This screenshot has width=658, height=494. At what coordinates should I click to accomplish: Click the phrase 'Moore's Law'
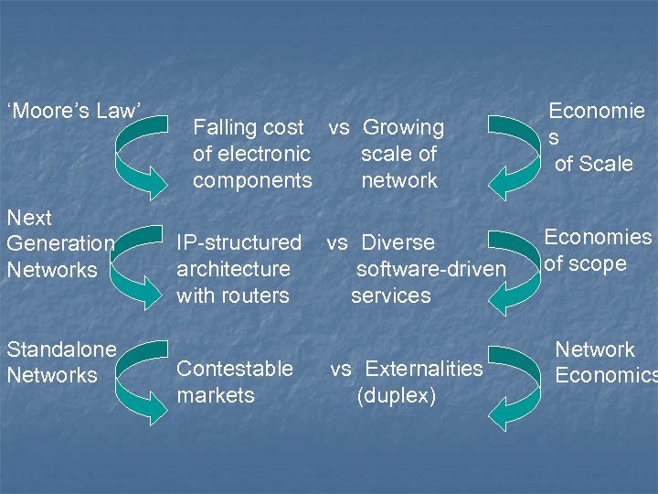point(74,112)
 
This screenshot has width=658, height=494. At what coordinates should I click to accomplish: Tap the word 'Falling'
point(226,128)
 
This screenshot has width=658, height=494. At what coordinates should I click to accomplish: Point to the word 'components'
point(252,180)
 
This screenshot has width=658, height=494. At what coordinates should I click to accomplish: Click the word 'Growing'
point(403,128)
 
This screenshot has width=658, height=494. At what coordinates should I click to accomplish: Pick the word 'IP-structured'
point(239,242)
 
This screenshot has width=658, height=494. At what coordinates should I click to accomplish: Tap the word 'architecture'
point(233,269)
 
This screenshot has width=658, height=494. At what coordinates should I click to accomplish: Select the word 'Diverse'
point(398,243)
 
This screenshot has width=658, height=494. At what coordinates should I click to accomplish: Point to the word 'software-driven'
point(430,269)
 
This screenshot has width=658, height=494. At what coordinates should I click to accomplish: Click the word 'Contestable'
point(235,369)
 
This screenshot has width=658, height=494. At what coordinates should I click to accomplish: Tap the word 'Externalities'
point(423,369)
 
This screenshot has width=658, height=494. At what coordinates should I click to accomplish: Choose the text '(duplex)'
point(397,395)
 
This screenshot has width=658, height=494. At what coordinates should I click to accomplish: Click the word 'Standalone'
point(61,349)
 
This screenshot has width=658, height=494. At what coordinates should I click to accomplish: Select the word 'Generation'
point(60,244)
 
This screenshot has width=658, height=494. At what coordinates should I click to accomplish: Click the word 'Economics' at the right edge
point(606,376)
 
